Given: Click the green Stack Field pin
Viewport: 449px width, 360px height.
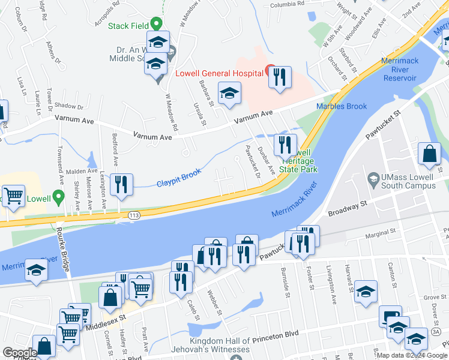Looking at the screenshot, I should pyautogui.click(x=157, y=23).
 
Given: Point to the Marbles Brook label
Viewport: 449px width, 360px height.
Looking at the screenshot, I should pyautogui.click(x=341, y=106).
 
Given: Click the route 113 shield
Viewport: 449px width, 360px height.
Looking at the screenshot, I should pyautogui.click(x=133, y=214).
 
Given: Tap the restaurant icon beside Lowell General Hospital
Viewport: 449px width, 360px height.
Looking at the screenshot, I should pyautogui.click(x=280, y=77).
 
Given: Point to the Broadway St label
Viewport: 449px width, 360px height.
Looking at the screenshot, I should pyautogui.click(x=347, y=209).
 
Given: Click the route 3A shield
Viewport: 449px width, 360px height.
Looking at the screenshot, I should pyautogui.click(x=436, y=331).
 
